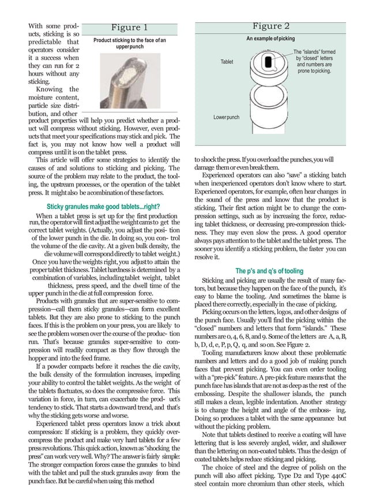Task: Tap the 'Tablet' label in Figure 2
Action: point(226,61)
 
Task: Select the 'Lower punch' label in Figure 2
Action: point(226,117)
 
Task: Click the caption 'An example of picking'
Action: point(271,38)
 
